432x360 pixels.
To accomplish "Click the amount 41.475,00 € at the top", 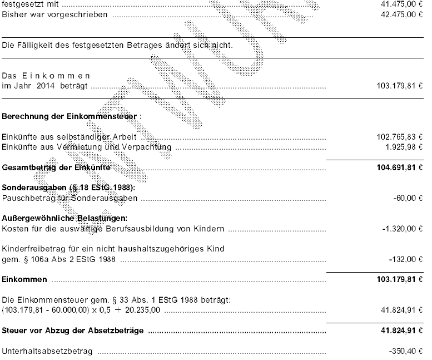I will pyautogui.click(x=400, y=4).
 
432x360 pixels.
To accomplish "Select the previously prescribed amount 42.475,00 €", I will pyautogui.click(x=400, y=14).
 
